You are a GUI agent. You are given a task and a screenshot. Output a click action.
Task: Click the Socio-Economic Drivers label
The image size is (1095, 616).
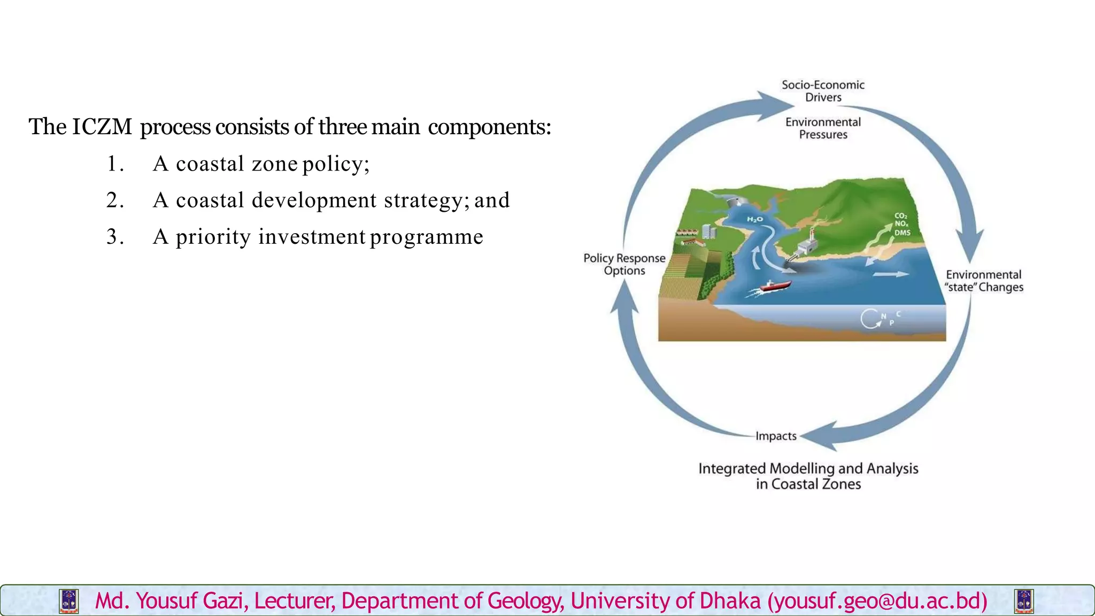[823, 91]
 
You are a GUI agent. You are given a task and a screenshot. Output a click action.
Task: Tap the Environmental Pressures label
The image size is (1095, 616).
[823, 128]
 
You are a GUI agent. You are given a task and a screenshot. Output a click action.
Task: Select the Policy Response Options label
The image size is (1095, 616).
[624, 264]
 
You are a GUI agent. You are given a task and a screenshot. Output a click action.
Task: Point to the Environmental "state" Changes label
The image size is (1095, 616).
[983, 281]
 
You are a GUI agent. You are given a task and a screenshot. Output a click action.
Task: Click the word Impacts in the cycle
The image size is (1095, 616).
[776, 436]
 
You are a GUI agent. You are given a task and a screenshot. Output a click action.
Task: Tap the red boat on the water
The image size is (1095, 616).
[775, 286]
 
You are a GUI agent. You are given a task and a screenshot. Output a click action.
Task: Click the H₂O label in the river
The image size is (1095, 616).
[755, 219]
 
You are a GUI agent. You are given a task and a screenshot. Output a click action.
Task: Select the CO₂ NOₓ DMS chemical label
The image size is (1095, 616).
[902, 224]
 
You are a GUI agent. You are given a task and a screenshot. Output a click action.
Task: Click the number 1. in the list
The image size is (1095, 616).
[115, 164]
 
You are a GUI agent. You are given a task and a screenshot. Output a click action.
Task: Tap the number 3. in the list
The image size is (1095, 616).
[115, 236]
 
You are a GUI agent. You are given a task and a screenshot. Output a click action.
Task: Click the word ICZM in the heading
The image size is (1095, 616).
[102, 127]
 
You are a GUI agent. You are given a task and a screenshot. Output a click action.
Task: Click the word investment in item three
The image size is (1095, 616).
[312, 236]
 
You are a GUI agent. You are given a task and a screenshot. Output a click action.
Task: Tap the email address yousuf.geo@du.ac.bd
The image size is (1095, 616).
[877, 601]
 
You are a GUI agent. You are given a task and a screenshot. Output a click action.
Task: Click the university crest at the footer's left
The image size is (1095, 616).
[69, 601]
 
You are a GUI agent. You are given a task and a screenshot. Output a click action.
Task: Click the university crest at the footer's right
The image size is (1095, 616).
[1023, 601]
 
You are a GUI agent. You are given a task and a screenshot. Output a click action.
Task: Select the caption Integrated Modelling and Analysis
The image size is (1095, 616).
[808, 469]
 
